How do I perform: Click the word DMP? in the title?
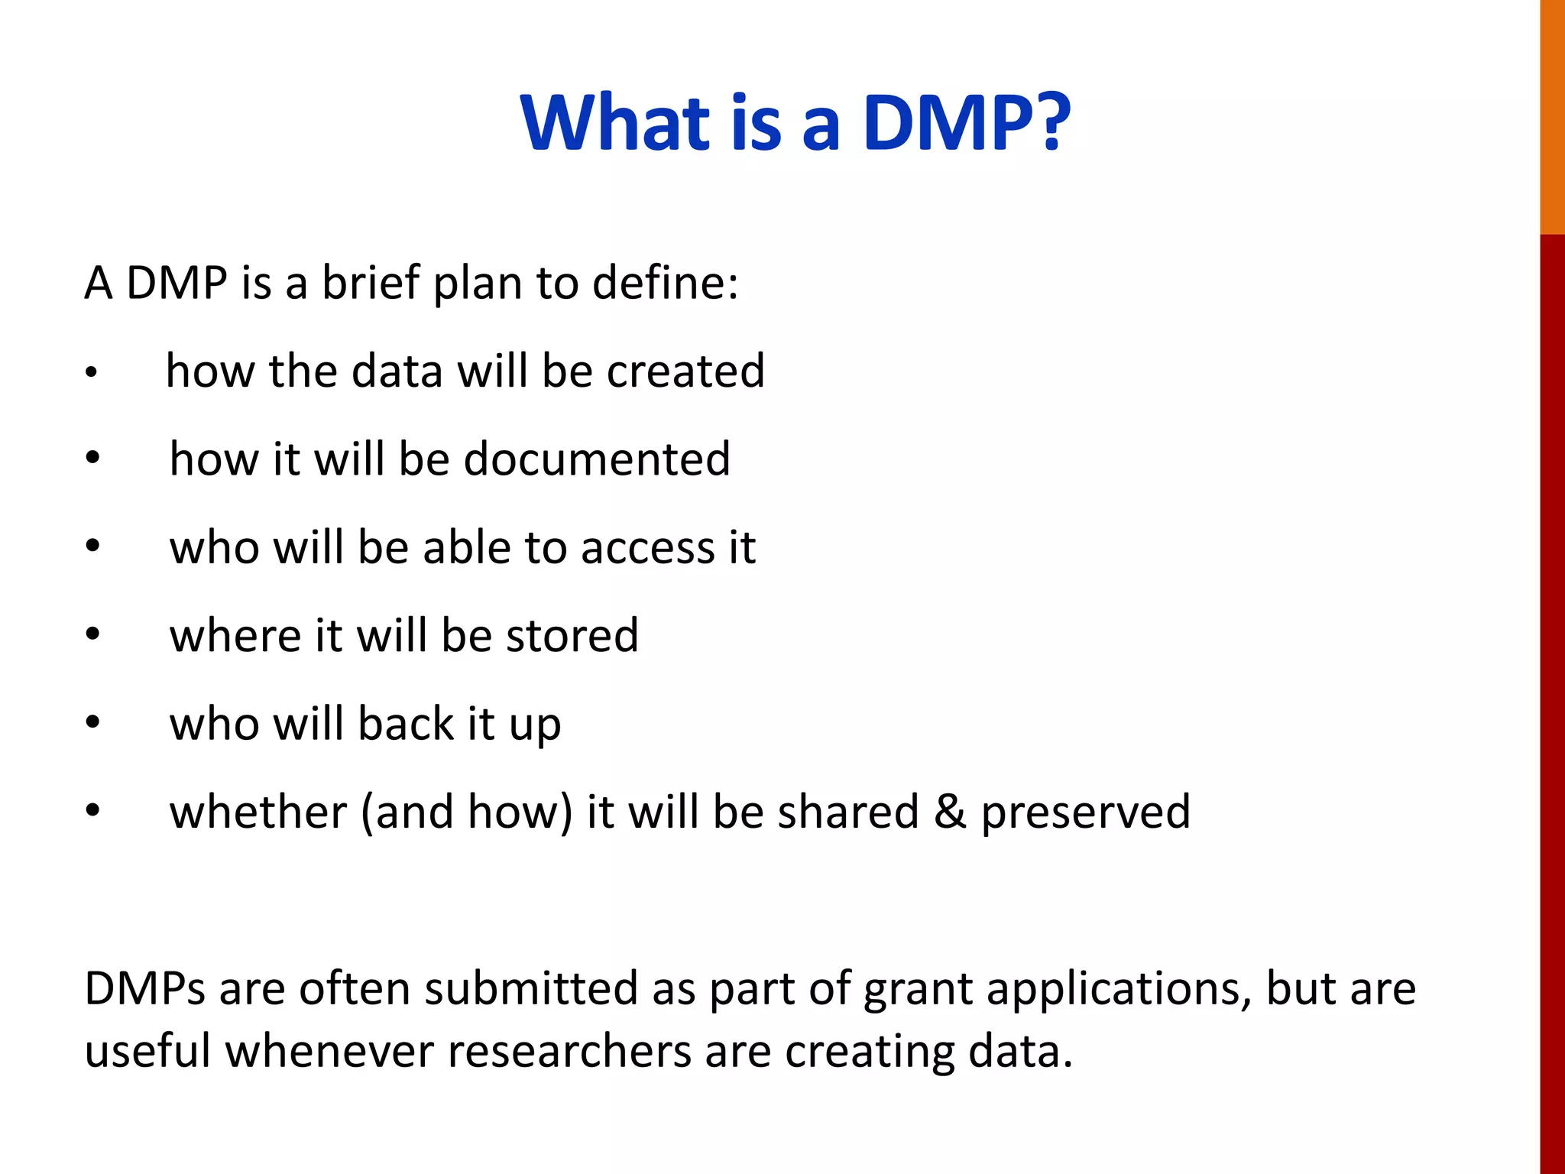(966, 122)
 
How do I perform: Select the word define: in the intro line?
(666, 283)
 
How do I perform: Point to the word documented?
(597, 459)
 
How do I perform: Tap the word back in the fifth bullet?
(406, 724)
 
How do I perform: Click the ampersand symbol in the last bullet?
(949, 812)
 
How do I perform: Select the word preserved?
(1085, 813)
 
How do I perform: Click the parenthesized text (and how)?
(466, 812)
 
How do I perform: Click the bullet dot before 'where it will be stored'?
(92, 634)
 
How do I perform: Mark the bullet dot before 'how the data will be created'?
(91, 373)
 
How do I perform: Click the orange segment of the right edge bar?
(1552, 115)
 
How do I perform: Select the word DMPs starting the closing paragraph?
(144, 989)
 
